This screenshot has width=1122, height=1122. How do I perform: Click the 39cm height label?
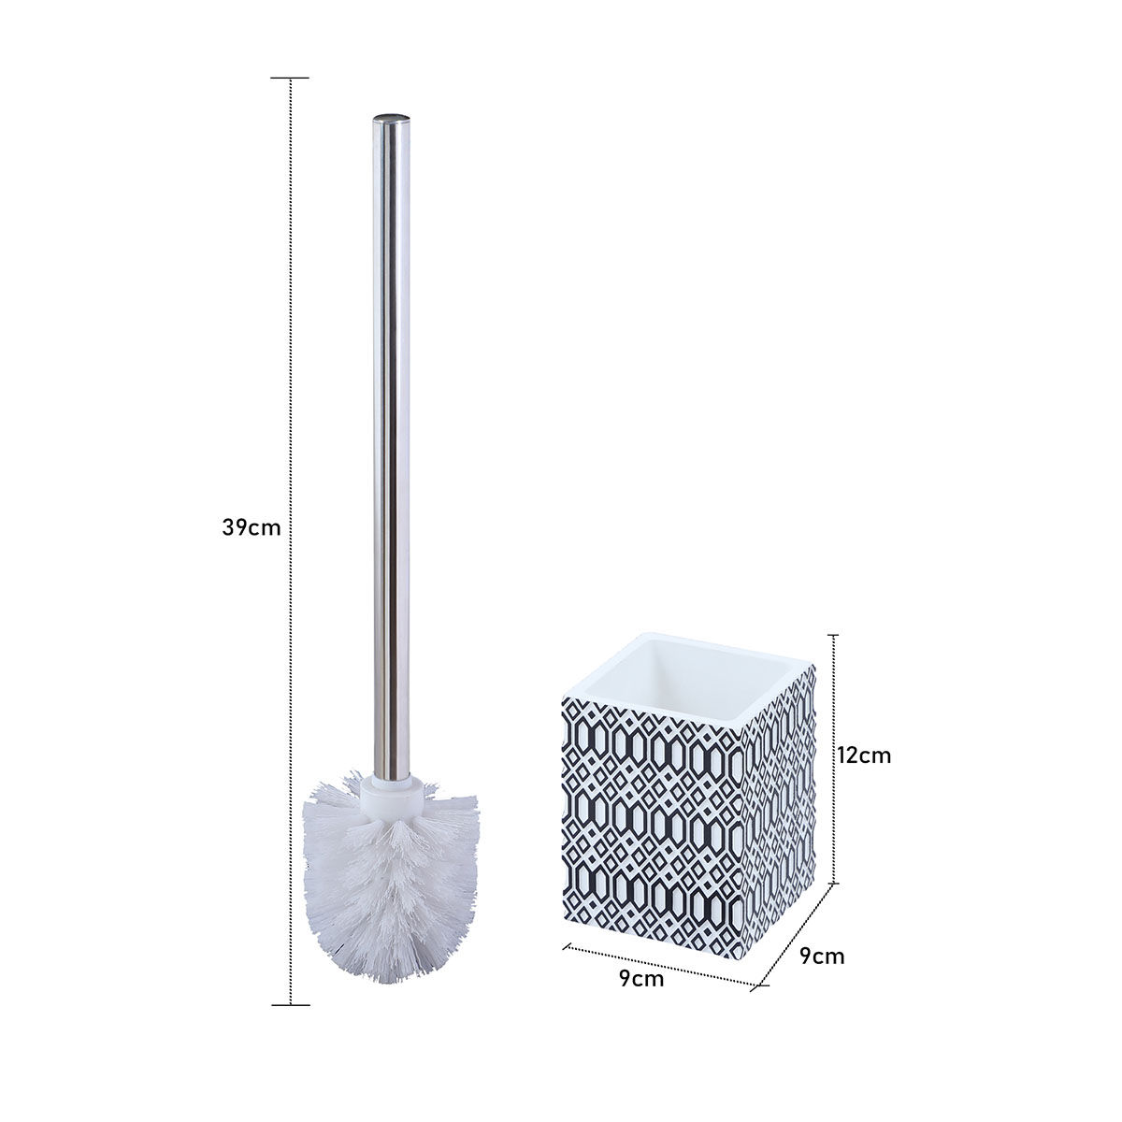[251, 527]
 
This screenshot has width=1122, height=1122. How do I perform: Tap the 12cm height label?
[865, 755]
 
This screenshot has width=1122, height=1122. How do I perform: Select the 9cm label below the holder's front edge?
[641, 979]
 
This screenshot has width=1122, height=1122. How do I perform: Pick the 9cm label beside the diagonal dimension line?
[822, 956]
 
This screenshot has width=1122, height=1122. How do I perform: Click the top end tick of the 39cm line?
[291, 78]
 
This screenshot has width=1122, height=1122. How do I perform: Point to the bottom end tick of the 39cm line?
[291, 1004]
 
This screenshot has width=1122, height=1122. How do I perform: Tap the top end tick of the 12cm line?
[834, 635]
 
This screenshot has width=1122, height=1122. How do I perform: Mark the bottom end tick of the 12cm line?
[834, 883]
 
